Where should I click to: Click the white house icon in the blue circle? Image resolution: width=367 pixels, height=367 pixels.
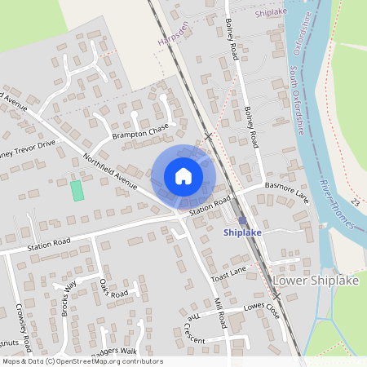[x=183, y=176]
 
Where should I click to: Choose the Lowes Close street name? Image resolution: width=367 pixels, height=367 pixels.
[x=261, y=312]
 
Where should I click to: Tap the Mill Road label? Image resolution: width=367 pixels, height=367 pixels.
[x=219, y=312]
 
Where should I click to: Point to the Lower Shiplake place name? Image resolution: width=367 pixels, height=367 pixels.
[x=315, y=280]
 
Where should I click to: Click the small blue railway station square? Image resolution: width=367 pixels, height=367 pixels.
[x=242, y=220]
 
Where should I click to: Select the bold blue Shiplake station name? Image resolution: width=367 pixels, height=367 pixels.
[x=242, y=232]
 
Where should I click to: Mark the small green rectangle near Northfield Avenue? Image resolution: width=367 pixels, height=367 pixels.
[x=77, y=191]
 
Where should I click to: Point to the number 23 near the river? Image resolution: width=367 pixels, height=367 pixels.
[x=356, y=201]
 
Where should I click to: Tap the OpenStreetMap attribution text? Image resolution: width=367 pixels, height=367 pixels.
[x=82, y=361]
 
